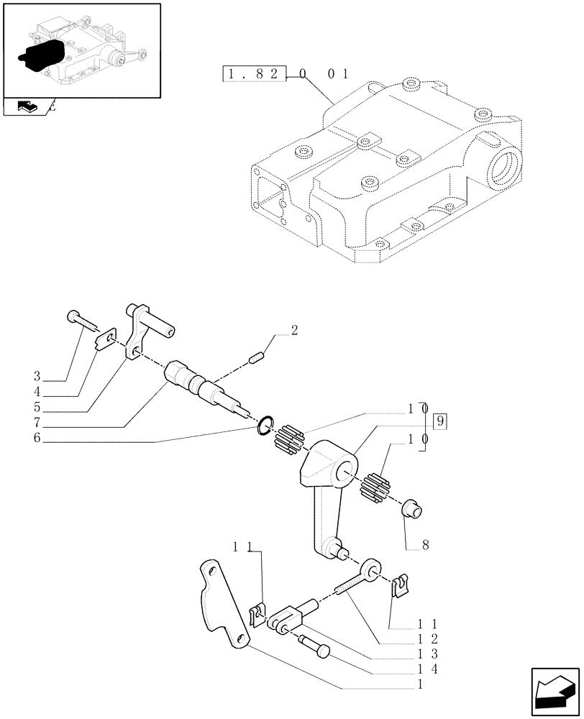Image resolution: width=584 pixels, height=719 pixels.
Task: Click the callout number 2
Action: pos(293,331)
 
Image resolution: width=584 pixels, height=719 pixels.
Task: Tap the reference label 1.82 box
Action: pos(255,73)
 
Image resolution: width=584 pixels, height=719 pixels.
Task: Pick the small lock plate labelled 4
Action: pos(106,339)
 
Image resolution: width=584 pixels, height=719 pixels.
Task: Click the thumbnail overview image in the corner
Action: pos(81,50)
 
